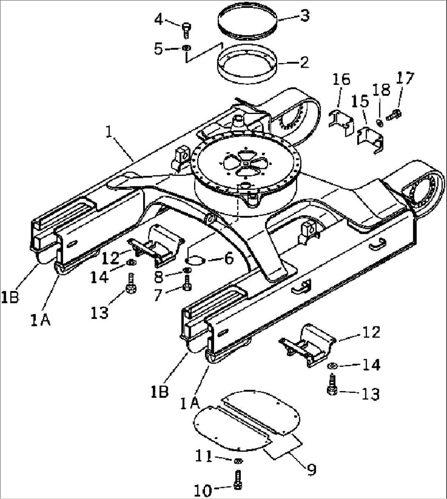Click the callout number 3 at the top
[304, 16]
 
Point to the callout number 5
[159, 49]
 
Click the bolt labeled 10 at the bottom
[238, 480]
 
